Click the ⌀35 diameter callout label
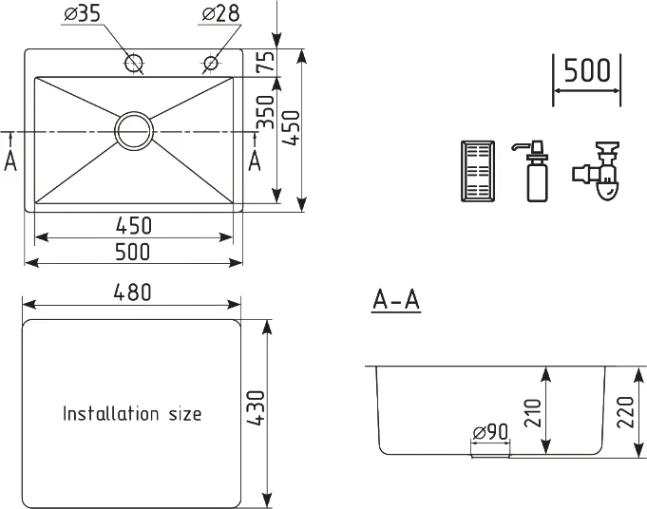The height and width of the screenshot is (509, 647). click(x=83, y=14)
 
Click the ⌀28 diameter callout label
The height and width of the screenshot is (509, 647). click(x=220, y=14)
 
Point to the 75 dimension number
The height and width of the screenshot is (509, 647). click(x=266, y=61)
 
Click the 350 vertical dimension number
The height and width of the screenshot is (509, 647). click(x=266, y=112)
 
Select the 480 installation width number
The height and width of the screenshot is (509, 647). click(x=132, y=292)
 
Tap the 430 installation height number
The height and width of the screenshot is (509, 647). click(x=255, y=408)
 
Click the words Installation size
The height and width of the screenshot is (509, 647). click(x=132, y=413)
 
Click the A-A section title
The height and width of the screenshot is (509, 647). click(x=396, y=299)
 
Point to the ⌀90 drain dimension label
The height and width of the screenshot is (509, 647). click(x=490, y=432)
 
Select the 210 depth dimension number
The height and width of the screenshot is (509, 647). click(x=533, y=413)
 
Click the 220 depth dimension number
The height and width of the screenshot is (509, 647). click(x=625, y=412)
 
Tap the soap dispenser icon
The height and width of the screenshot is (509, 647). click(x=531, y=171)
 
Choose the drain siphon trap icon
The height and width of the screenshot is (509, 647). click(x=596, y=172)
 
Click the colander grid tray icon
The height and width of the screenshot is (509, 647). click(x=477, y=171)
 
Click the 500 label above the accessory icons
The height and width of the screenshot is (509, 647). click(x=587, y=69)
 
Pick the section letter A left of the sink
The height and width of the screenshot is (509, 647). click(x=10, y=160)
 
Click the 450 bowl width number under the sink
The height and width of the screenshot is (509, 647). click(x=134, y=226)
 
